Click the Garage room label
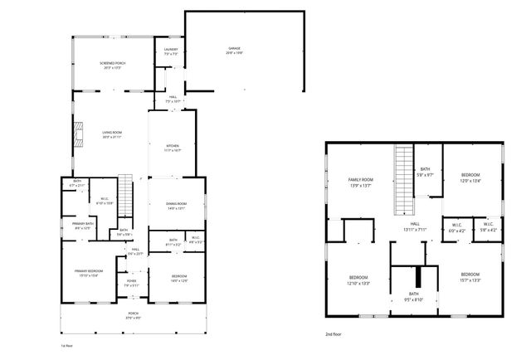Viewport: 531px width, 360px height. point(235,51)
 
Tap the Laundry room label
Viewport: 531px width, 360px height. point(170,51)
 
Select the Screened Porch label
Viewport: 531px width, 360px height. point(112,65)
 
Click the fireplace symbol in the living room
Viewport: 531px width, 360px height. point(79,134)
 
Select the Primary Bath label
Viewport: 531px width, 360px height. point(82,226)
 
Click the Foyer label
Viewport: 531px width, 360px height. point(132,283)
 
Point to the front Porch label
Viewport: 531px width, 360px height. point(134,314)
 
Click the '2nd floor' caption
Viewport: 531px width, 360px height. point(334,333)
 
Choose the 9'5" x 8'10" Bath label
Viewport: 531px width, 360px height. point(414,297)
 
